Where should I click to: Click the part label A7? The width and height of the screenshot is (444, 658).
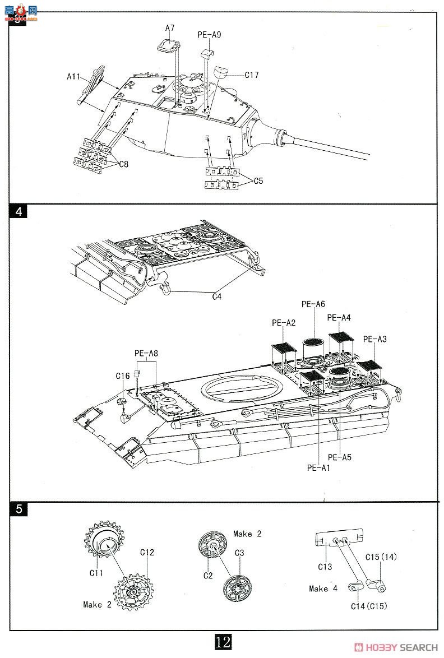tap(169, 28)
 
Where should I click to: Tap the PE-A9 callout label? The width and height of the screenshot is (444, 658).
tap(209, 35)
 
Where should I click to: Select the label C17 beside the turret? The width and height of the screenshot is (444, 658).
tap(252, 75)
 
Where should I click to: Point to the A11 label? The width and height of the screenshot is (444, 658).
tap(73, 76)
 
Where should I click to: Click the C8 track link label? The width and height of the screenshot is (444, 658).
tap(123, 165)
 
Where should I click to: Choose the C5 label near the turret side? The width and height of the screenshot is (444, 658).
tap(258, 181)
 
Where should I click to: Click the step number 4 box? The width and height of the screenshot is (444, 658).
tap(18, 211)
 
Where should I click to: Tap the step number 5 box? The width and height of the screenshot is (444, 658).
tap(18, 509)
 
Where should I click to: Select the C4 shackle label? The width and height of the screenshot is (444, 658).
tap(216, 297)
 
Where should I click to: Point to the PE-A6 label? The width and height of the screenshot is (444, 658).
tap(313, 304)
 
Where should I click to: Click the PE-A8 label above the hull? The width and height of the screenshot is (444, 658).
tap(146, 353)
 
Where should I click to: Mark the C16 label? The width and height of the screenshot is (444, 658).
tap(123, 376)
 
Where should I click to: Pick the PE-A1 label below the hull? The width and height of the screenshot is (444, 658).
tap(318, 468)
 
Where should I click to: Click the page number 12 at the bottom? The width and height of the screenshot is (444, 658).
tap(223, 642)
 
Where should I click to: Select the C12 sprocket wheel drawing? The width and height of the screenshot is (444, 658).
tap(133, 592)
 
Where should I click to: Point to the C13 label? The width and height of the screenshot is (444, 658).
tap(325, 567)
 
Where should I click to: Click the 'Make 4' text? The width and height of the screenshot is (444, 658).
tap(323, 589)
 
